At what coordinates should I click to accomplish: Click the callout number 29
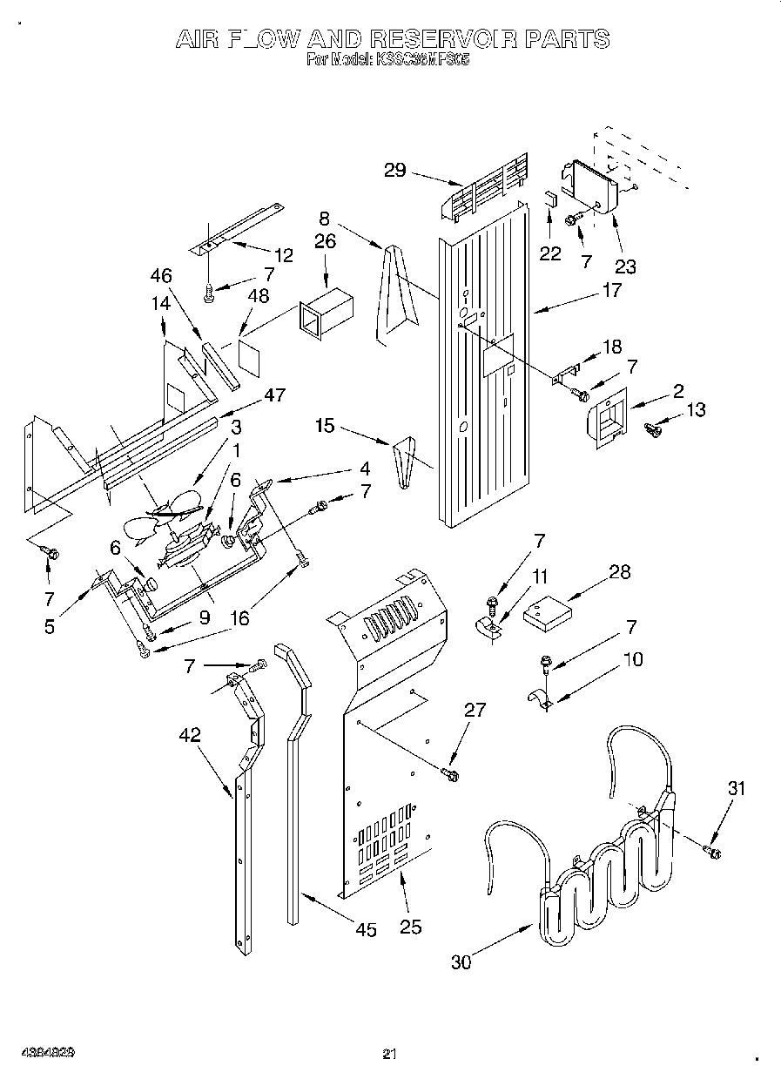(x=394, y=170)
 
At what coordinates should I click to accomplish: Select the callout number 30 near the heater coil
(x=463, y=962)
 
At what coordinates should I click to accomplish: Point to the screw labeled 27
(x=450, y=772)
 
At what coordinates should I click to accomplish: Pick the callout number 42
(x=189, y=734)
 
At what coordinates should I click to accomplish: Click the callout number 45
(x=367, y=930)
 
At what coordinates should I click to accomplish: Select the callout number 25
(x=410, y=927)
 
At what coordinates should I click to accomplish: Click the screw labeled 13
(x=652, y=428)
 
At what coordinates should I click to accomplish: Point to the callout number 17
(x=612, y=290)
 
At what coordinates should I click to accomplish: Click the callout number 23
(x=625, y=266)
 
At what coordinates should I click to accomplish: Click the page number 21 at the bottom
(x=390, y=1055)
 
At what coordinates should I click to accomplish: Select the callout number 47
(x=275, y=396)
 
